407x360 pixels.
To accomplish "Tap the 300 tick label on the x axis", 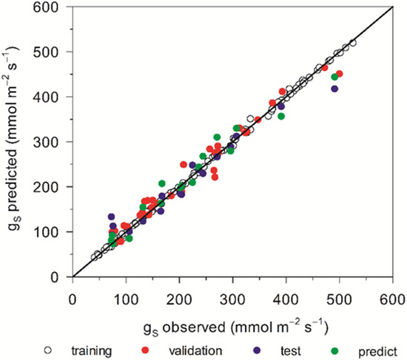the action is [x=232, y=299].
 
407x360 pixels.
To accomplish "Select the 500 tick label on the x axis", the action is [x=339, y=299].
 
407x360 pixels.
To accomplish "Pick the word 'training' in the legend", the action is [x=92, y=351].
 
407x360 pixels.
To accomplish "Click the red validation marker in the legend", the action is [x=145, y=350].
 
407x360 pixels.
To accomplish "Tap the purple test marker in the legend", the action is [x=257, y=350].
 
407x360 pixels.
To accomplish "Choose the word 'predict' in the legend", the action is [x=377, y=352].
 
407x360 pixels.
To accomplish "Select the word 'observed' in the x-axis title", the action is [x=194, y=327].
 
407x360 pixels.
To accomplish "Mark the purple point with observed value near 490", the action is [x=334, y=89].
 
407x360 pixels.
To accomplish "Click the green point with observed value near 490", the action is [x=334, y=77].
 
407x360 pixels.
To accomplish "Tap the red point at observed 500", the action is [x=339, y=74].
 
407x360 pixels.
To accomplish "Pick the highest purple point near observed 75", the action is [x=111, y=217].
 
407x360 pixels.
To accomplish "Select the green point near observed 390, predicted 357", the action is [x=281, y=117].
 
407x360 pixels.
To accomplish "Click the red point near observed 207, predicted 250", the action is [x=184, y=164].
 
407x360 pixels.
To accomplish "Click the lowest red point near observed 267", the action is [x=215, y=177].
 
